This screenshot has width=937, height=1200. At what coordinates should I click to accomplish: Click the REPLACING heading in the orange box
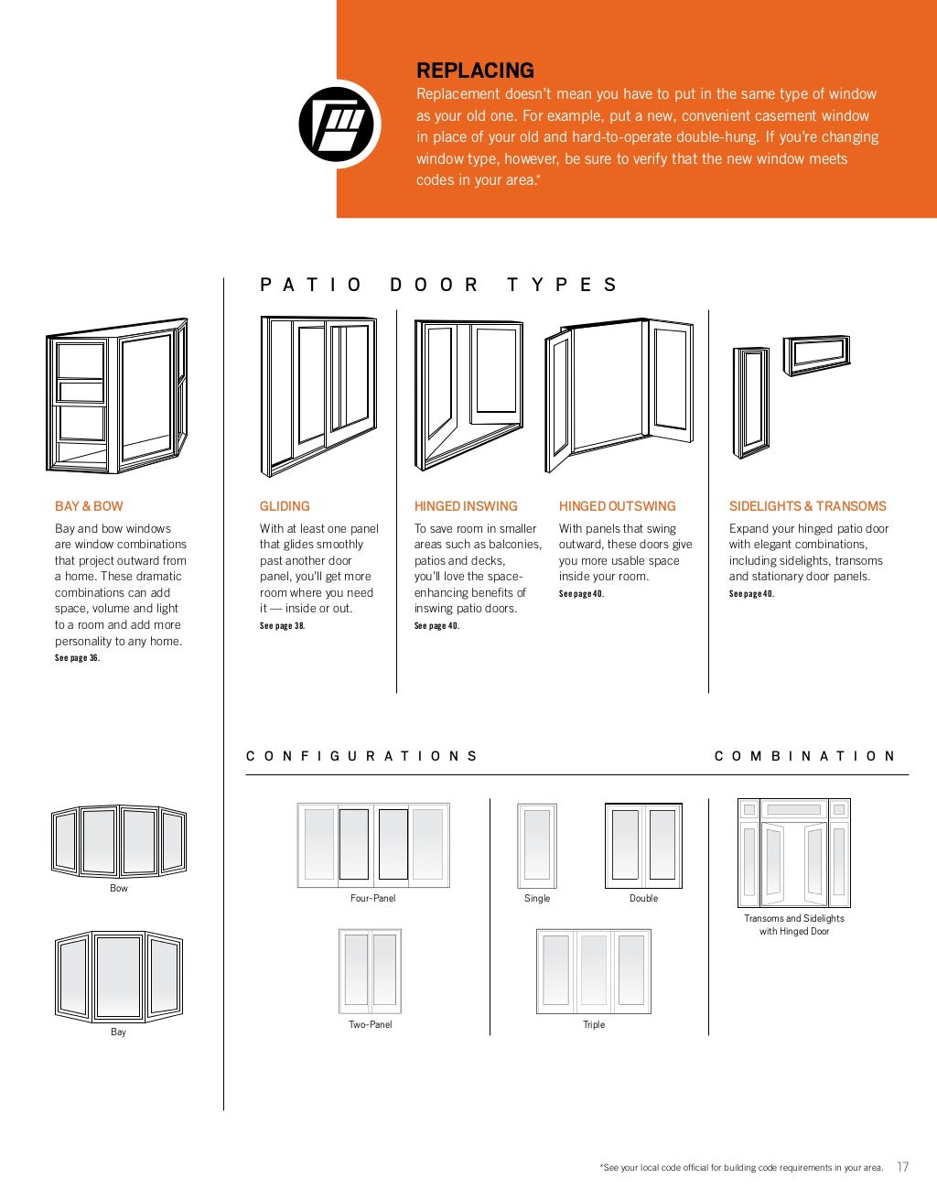[475, 70]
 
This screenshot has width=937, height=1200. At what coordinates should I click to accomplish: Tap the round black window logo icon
[339, 124]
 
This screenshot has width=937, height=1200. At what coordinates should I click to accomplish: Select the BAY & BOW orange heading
[89, 506]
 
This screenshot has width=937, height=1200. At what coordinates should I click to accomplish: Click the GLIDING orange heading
[285, 506]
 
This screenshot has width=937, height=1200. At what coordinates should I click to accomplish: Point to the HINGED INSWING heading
[466, 506]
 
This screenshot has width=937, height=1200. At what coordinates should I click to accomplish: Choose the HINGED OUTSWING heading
[618, 506]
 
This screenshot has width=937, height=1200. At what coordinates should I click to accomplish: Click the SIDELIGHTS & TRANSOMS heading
[807, 506]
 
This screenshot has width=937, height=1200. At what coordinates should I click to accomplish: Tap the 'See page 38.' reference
[282, 626]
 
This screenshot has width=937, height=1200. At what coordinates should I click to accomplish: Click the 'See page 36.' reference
[77, 658]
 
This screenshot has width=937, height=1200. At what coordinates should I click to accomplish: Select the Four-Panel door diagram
[373, 845]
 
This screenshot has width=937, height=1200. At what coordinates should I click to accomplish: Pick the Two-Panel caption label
[370, 1024]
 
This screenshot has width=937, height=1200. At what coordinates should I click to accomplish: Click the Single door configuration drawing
[537, 845]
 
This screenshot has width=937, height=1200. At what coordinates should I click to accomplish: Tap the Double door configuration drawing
[643, 845]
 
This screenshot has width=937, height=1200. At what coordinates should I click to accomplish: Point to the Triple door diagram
[594, 971]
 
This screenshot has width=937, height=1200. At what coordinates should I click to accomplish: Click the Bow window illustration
[118, 840]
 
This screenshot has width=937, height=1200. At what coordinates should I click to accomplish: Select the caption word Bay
[118, 1032]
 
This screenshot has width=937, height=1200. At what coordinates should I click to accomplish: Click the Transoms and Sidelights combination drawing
[793, 852]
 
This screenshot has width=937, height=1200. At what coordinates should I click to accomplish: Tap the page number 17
[902, 1167]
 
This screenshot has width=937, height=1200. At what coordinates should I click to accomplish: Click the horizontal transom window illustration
[816, 354]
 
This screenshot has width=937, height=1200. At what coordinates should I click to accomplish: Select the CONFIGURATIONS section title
[361, 756]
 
